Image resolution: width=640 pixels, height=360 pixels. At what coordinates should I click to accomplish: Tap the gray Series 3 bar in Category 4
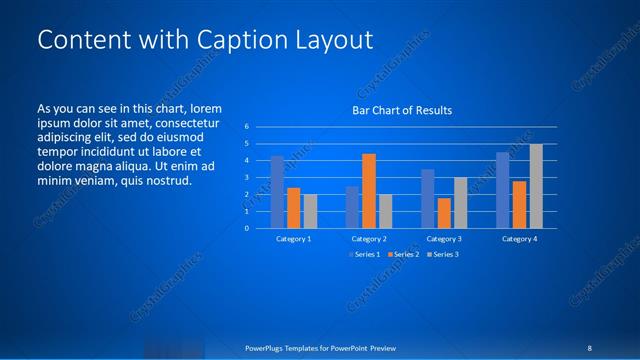tap(536, 186)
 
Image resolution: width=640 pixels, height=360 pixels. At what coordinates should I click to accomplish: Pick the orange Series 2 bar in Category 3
tap(444, 212)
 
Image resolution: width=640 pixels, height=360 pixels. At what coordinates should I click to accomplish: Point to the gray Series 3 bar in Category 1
tap(310, 211)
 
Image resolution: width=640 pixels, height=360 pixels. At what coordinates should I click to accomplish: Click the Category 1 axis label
tap(293, 239)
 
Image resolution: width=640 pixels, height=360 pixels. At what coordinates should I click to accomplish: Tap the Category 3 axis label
tap(443, 239)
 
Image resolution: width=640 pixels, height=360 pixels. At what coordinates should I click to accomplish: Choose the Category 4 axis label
tap(519, 239)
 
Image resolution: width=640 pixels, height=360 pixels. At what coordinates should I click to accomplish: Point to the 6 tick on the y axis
tap(246, 127)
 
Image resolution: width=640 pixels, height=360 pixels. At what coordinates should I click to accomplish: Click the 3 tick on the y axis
tap(246, 177)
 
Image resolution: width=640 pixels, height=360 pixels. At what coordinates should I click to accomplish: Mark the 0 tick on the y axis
tap(246, 228)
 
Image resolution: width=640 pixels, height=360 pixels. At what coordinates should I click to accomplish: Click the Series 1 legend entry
tap(365, 254)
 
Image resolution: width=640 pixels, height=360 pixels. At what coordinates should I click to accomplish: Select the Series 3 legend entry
tap(443, 254)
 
